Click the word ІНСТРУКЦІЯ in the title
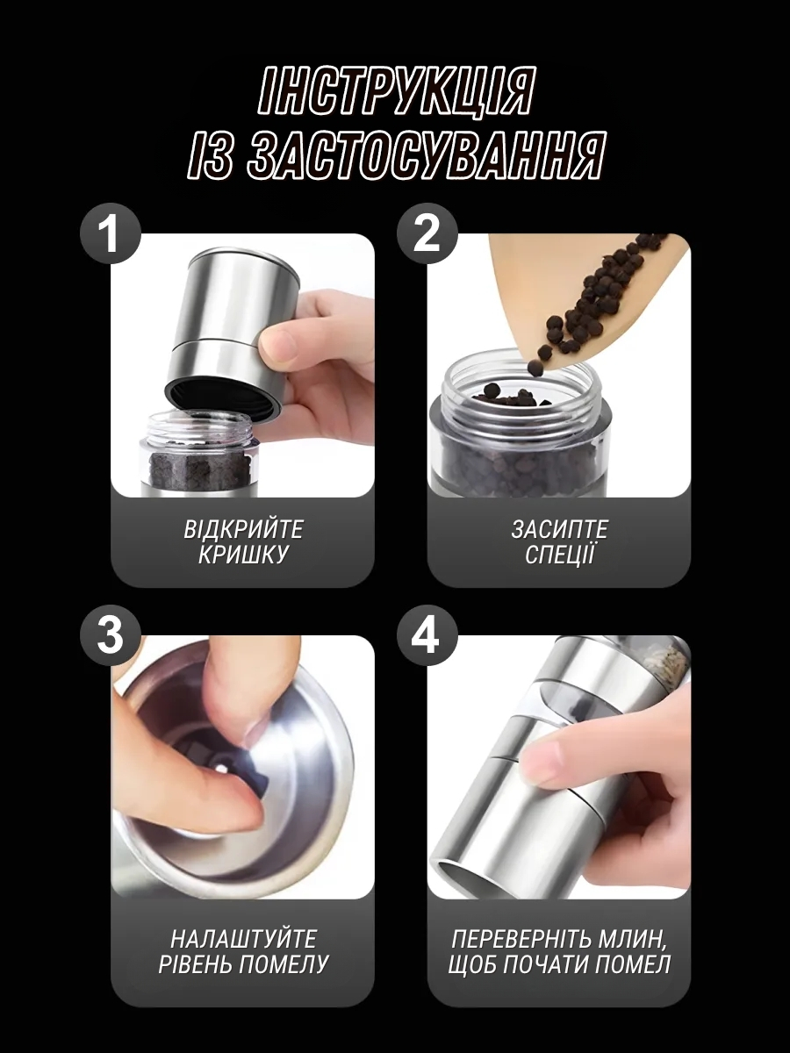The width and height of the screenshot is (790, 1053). click(x=396, y=91)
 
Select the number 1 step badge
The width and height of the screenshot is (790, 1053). click(x=111, y=233)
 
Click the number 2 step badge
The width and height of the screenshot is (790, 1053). click(x=427, y=233)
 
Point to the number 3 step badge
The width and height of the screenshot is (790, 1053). click(x=111, y=635)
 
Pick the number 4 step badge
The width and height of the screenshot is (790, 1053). click(x=427, y=635)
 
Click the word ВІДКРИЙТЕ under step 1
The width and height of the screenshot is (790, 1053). click(x=243, y=530)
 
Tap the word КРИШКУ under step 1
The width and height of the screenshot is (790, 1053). click(x=243, y=555)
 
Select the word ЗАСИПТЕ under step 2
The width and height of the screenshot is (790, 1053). click(x=559, y=530)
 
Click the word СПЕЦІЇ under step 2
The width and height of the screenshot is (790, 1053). click(x=559, y=554)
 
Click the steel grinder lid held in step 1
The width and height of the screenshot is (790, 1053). click(x=226, y=331)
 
